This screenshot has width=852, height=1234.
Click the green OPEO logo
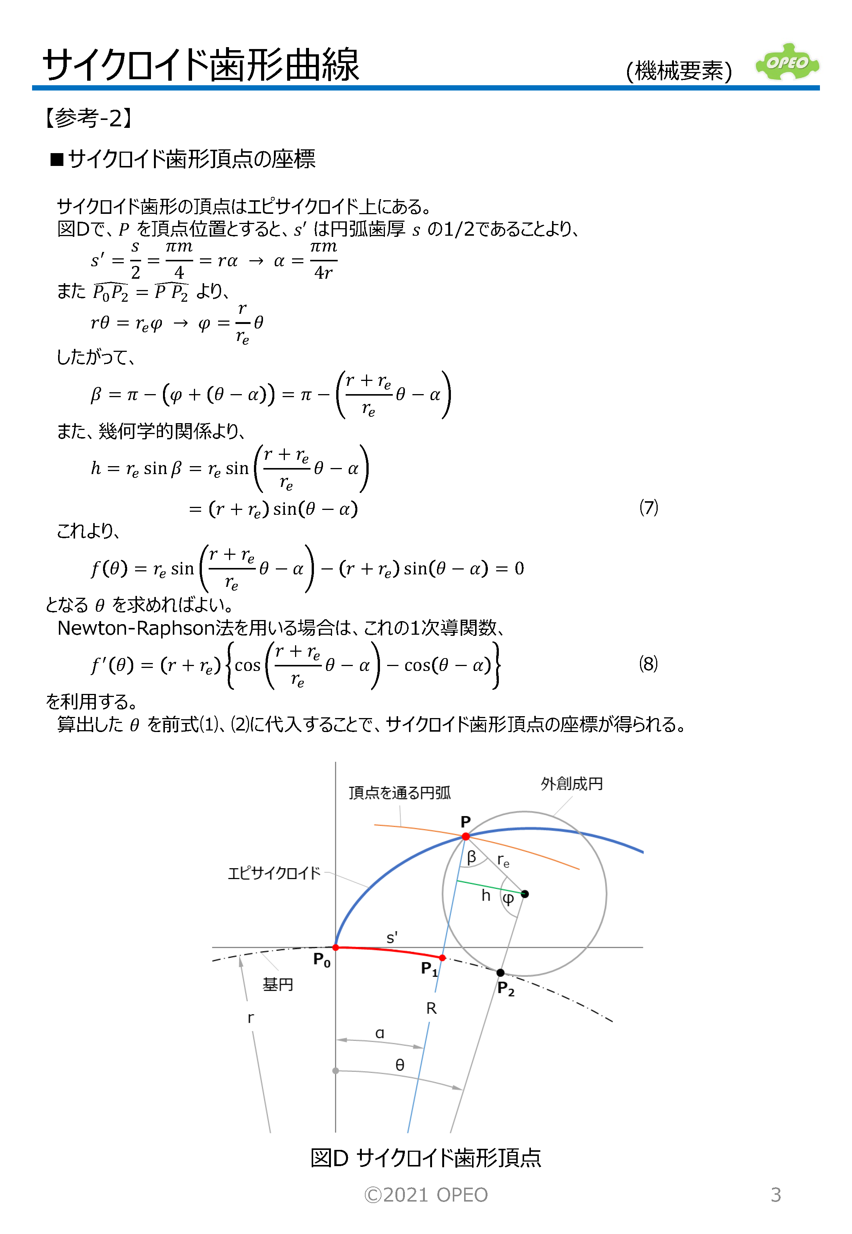click(787, 63)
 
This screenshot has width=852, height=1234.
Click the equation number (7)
click(648, 507)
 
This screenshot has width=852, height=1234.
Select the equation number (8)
click(648, 664)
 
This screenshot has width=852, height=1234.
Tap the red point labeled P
click(466, 836)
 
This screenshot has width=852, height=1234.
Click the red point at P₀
click(335, 947)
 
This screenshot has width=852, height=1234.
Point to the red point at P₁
click(442, 958)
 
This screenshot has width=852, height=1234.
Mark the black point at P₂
click(500, 973)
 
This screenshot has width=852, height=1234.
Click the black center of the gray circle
click(525, 893)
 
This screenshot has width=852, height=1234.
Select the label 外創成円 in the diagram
click(571, 784)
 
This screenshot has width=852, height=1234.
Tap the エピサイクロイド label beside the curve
click(274, 873)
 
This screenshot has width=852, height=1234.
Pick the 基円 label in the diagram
click(278, 984)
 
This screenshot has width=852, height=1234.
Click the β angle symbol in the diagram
click(471, 857)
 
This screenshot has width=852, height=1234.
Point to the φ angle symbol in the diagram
click(508, 899)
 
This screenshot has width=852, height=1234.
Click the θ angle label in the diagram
click(400, 1065)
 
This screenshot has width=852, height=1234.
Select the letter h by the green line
click(486, 895)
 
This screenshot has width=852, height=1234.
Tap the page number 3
click(776, 1194)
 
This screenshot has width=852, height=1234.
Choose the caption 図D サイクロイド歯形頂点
click(426, 1158)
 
